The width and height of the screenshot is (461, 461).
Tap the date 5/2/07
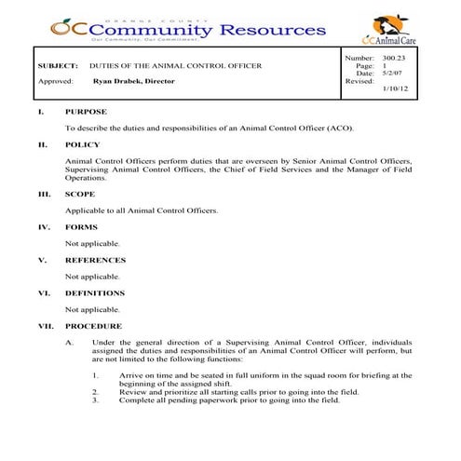393,74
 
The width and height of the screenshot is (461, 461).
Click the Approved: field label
55,82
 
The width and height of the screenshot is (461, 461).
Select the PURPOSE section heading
86,112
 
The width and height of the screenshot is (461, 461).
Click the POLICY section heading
82,145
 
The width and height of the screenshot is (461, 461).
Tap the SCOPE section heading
80,195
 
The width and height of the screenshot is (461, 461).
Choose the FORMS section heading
82,227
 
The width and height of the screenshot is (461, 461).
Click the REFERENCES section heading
95,261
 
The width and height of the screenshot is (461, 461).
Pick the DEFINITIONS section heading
95,293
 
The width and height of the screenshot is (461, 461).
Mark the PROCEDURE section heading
93,327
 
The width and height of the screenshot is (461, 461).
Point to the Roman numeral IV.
43,227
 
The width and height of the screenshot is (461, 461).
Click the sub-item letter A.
69,343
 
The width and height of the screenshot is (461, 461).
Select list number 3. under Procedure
96,400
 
